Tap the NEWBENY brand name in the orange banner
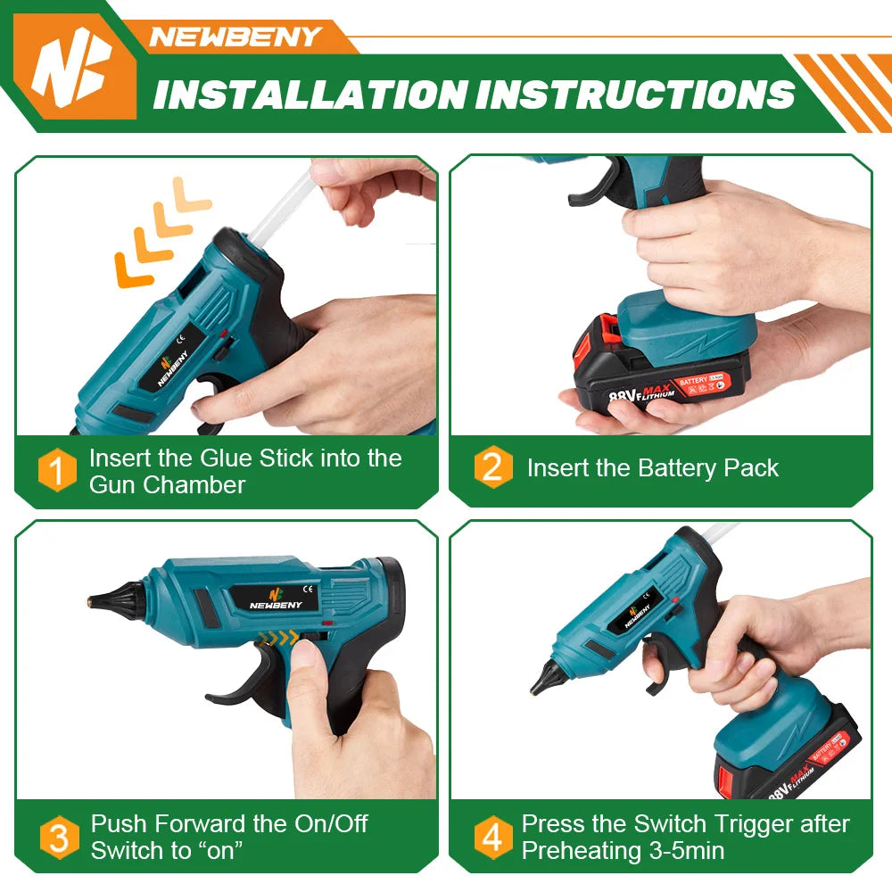[235, 37]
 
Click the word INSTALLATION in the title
[310, 94]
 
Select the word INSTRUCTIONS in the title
[635, 94]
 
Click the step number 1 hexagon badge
[57, 470]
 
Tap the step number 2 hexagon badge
[493, 467]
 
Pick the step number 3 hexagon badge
[59, 838]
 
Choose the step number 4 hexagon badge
[493, 838]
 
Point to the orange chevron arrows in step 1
[162, 232]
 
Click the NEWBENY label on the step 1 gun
[173, 368]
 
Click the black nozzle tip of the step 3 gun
[117, 600]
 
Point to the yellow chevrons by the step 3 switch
[277, 638]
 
